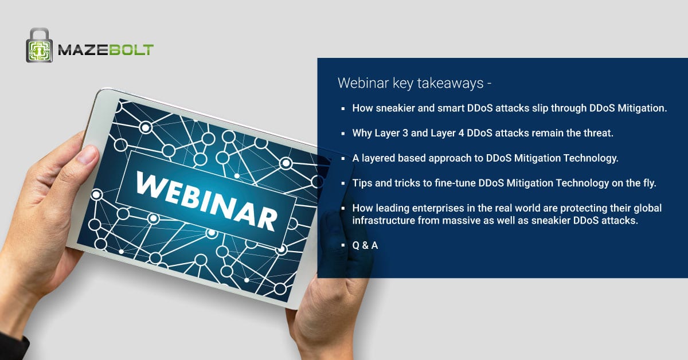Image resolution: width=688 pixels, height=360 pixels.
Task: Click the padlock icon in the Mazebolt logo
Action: [40, 45]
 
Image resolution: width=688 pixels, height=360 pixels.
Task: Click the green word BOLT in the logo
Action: [131, 50]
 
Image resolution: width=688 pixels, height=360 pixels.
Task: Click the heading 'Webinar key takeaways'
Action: [411, 83]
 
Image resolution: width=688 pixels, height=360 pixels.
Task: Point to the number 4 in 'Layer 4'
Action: [461, 133]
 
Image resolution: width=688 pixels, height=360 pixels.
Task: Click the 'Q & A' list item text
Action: [365, 245]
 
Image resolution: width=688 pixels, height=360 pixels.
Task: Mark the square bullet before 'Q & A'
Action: [343, 245]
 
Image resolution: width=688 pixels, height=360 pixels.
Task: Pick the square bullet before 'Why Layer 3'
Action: [343, 134]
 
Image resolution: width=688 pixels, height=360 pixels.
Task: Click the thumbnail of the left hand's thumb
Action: [87, 154]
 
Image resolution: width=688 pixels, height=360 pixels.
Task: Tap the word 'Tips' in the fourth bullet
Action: [362, 183]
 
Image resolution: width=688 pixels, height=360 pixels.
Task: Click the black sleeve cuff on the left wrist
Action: [14, 347]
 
